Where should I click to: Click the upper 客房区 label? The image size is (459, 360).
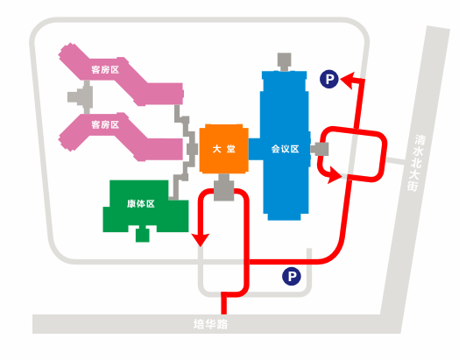click(105, 70)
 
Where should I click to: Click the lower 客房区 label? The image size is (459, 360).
click(105, 124)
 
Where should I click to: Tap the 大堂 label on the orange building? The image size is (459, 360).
click(224, 149)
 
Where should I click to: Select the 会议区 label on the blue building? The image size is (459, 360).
click(285, 149)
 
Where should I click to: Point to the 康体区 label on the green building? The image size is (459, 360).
click(141, 204)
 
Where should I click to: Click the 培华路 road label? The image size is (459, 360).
click(210, 324)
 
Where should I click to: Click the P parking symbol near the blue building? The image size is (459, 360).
click(329, 79)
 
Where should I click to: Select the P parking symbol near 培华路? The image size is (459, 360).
click(292, 276)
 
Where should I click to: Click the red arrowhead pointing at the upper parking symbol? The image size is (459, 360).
click(349, 80)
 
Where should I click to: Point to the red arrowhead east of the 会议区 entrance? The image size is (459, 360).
click(335, 175)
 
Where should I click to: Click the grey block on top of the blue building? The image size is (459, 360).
click(284, 62)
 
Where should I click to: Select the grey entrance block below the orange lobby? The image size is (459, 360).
click(224, 187)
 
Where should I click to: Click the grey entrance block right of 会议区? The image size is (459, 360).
click(320, 149)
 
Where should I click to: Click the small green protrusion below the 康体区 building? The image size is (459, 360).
click(143, 235)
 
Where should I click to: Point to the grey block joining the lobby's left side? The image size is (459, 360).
click(193, 149)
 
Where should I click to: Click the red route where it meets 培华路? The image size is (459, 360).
click(224, 314)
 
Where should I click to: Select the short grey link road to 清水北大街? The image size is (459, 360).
click(396, 161)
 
